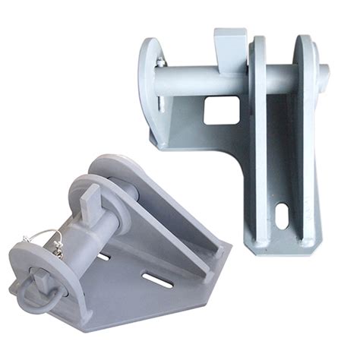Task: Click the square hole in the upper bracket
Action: click(216, 112)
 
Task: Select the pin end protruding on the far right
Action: click(325, 74)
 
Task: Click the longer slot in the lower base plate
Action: click(157, 282)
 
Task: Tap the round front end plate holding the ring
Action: click(49, 270)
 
